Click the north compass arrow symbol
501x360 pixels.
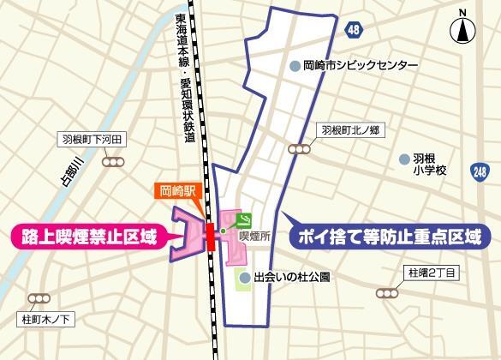tap(462, 31)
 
